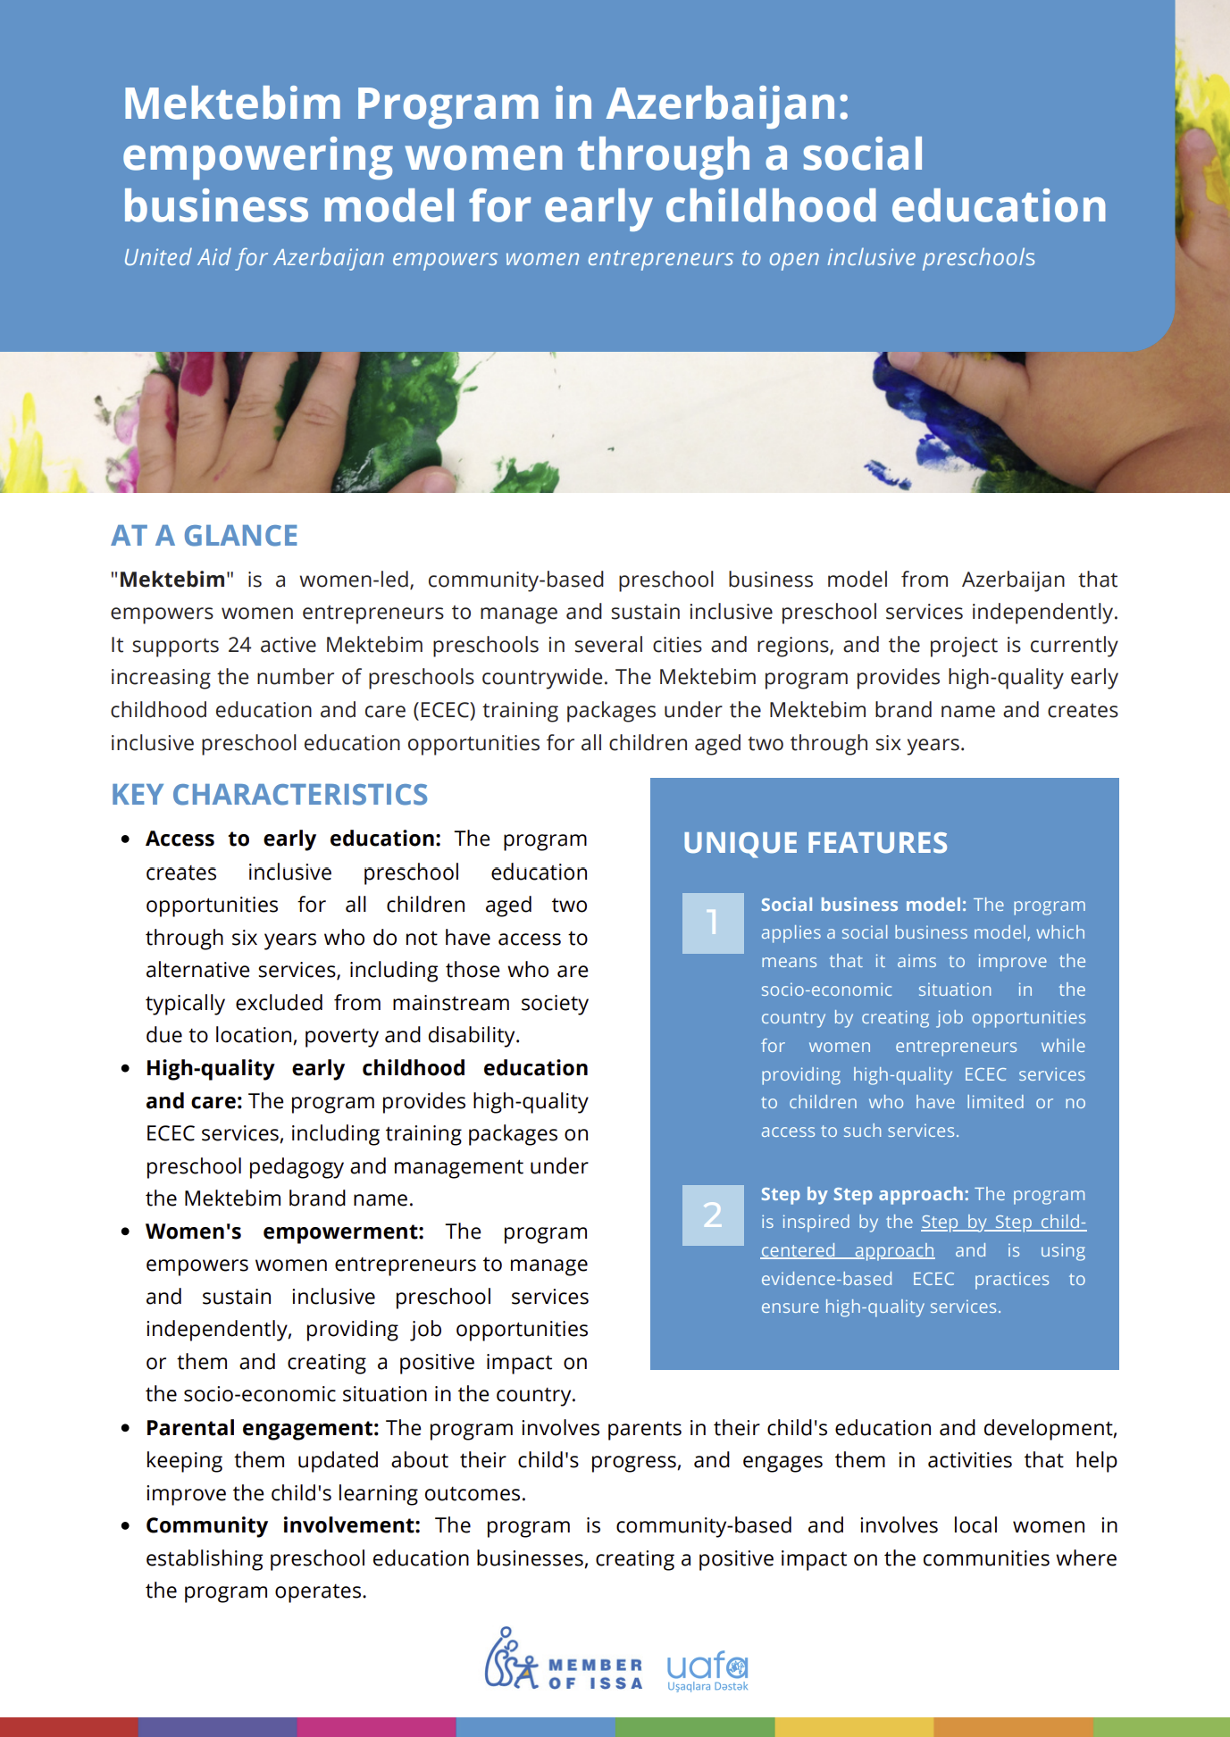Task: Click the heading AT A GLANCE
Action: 205,536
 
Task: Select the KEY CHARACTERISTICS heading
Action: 269,795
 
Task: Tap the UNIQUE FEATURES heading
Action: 815,843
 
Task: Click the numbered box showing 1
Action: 713,923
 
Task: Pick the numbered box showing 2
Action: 713,1215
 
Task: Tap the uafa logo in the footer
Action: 707,1669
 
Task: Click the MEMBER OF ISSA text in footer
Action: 595,1674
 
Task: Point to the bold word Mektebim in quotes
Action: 172,580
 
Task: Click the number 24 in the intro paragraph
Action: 239,645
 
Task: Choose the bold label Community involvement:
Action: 282,1525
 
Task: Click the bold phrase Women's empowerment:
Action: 284,1232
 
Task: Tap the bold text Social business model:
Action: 863,905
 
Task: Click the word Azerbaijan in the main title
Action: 727,104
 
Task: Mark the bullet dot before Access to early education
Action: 126,839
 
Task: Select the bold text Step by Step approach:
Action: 864,1194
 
